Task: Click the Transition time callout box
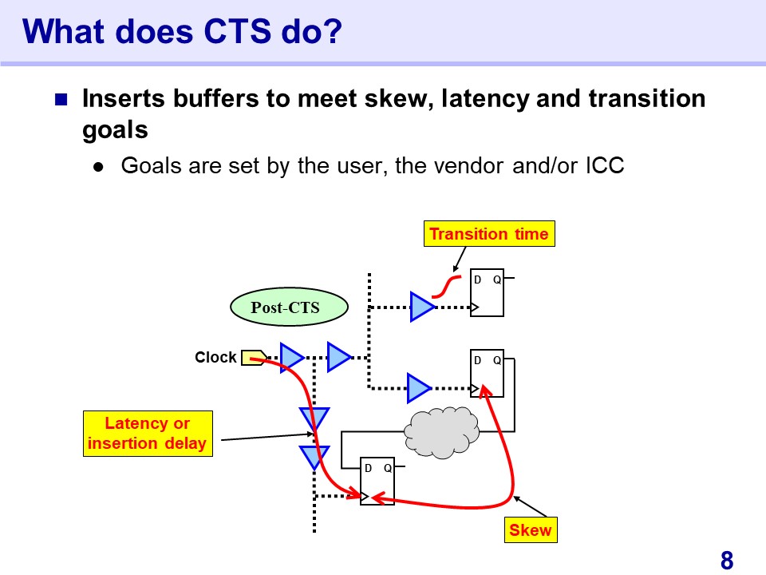coord(488,234)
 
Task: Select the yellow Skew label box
coord(531,530)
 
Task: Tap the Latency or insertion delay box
coord(148,434)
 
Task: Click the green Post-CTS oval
coord(285,308)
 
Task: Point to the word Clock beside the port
coord(215,358)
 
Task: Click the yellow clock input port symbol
coord(253,358)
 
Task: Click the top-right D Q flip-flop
coord(487,292)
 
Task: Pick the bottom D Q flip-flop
coord(377,482)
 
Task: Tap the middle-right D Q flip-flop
coord(487,372)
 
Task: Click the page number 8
coord(726,561)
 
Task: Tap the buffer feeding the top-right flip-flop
coord(422,307)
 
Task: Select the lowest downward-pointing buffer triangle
coord(314,458)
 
